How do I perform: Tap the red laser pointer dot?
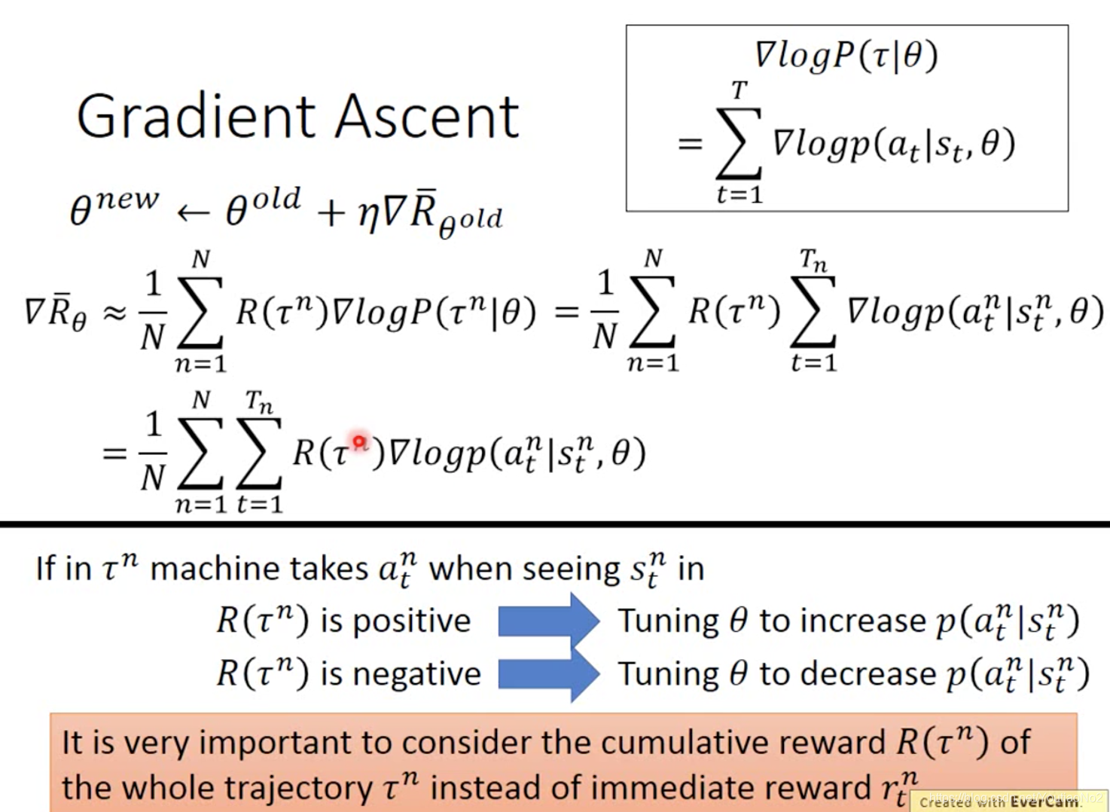(359, 441)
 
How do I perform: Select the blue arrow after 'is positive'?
(548, 621)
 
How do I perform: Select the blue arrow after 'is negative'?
(548, 673)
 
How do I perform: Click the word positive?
(411, 622)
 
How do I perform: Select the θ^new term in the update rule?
(113, 206)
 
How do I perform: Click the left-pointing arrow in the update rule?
(193, 214)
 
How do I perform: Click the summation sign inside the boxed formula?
(738, 143)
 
